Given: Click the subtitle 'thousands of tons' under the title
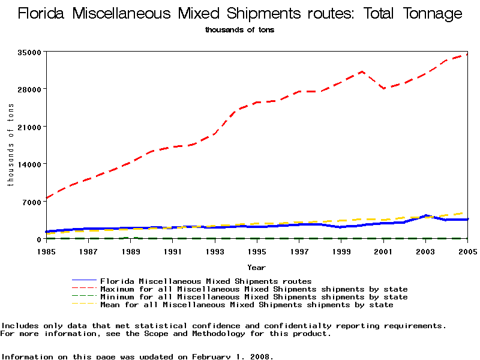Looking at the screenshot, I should click(x=239, y=29).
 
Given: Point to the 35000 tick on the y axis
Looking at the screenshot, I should click(x=30, y=52).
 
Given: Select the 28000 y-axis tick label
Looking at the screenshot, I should click(x=30, y=89).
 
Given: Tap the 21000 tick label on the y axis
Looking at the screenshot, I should click(x=30, y=127).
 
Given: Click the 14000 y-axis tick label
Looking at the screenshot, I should click(x=30, y=164).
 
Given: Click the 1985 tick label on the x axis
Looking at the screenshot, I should click(x=46, y=251).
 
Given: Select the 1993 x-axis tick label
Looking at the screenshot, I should click(x=215, y=251).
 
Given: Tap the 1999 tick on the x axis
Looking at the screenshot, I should click(x=341, y=251).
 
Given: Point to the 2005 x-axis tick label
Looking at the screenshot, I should click(x=467, y=251).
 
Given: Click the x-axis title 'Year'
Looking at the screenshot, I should click(x=256, y=268).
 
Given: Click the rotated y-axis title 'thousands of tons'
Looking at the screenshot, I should click(x=11, y=145).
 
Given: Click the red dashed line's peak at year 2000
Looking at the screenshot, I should click(x=362, y=71).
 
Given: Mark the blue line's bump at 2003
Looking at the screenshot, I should click(x=425, y=215).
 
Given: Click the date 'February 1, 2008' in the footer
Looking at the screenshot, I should click(x=232, y=356).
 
